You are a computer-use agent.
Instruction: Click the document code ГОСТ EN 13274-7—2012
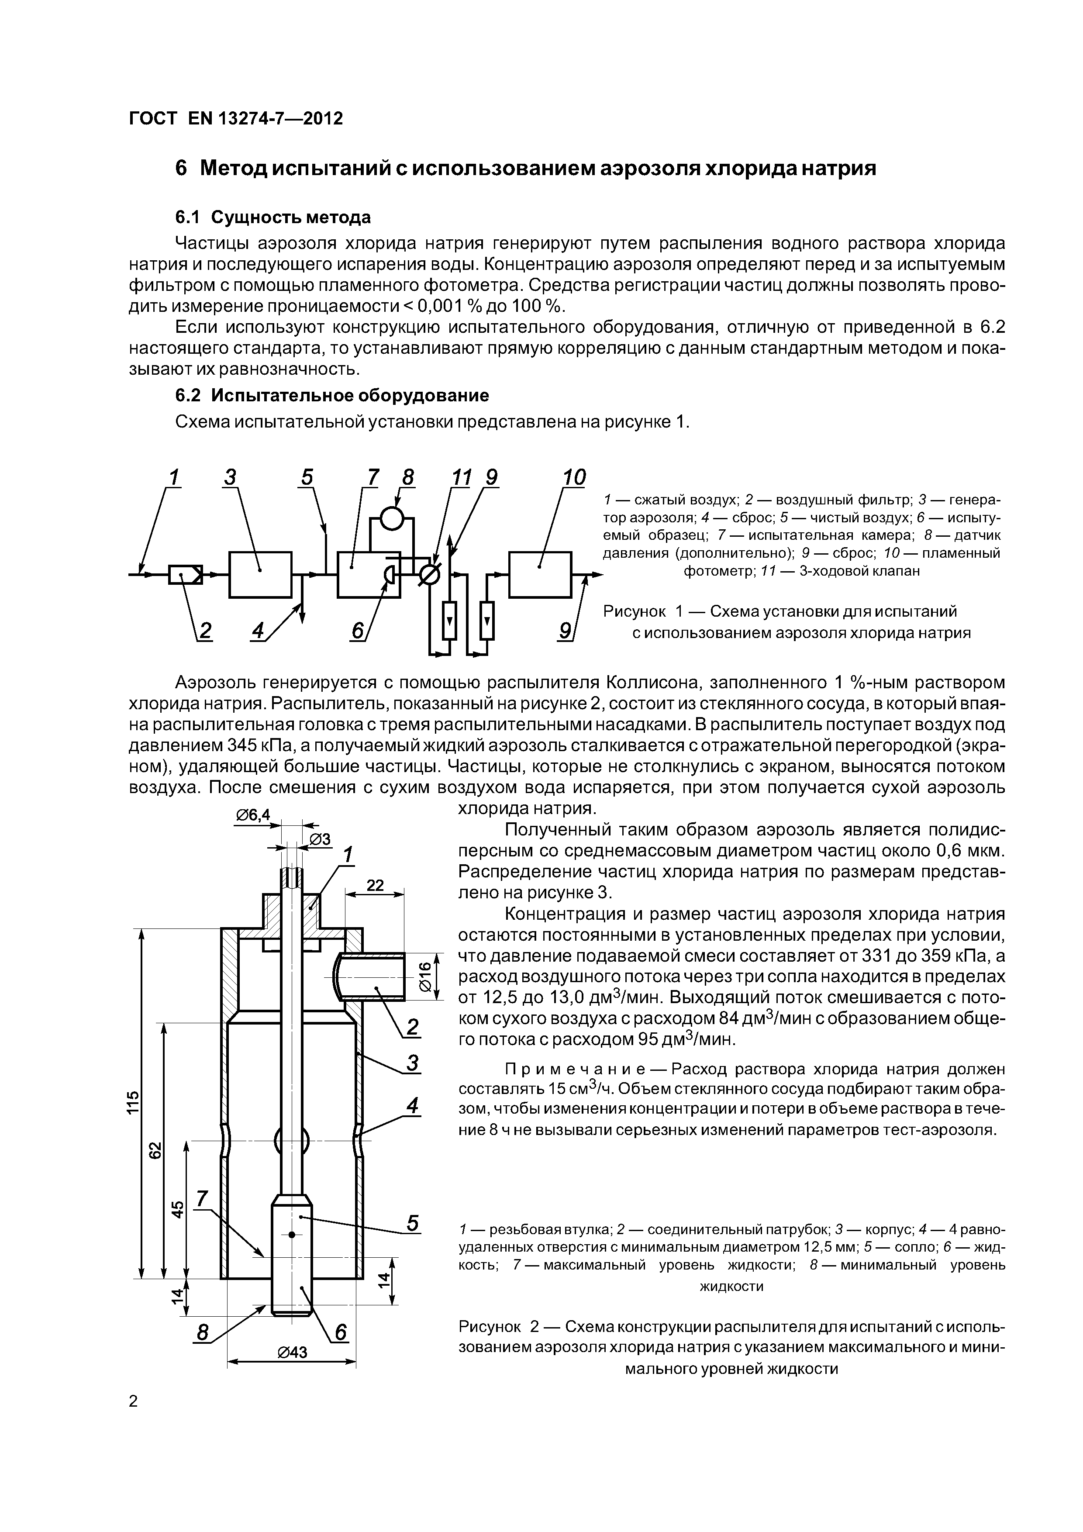[x=235, y=119]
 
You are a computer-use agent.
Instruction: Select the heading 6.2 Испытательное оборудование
[x=331, y=395]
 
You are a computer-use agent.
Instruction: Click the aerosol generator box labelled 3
[x=260, y=574]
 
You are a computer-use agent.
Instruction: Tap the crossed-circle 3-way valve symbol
[x=430, y=574]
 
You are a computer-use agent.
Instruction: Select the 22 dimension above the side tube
[x=376, y=885]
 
